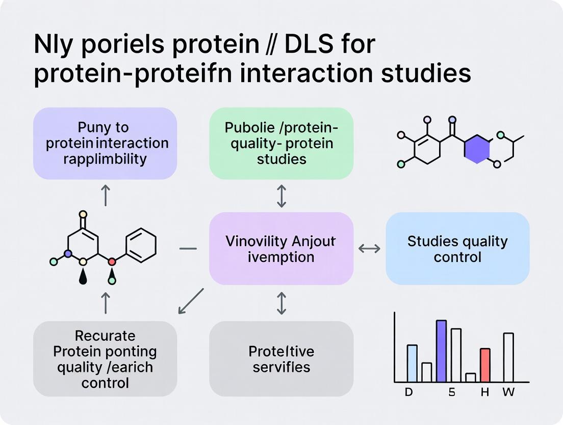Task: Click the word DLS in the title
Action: [x=306, y=45]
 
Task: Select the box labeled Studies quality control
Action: [x=457, y=248]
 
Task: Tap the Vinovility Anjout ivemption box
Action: [x=281, y=248]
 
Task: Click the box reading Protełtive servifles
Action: [x=281, y=359]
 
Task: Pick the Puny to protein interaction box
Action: [x=105, y=143]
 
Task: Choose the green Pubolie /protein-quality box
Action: [x=281, y=143]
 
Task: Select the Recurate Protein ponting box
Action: [x=105, y=359]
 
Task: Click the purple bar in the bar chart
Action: [x=442, y=351]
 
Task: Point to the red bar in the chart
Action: [x=485, y=365]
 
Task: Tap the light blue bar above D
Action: [x=412, y=363]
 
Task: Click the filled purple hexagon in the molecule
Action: [x=477, y=149]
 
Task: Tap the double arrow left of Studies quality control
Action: [x=369, y=248]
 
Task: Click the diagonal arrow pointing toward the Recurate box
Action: [x=191, y=301]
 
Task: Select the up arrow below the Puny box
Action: [x=105, y=196]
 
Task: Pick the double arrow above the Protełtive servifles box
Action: [x=281, y=303]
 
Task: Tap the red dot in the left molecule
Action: [x=112, y=262]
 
